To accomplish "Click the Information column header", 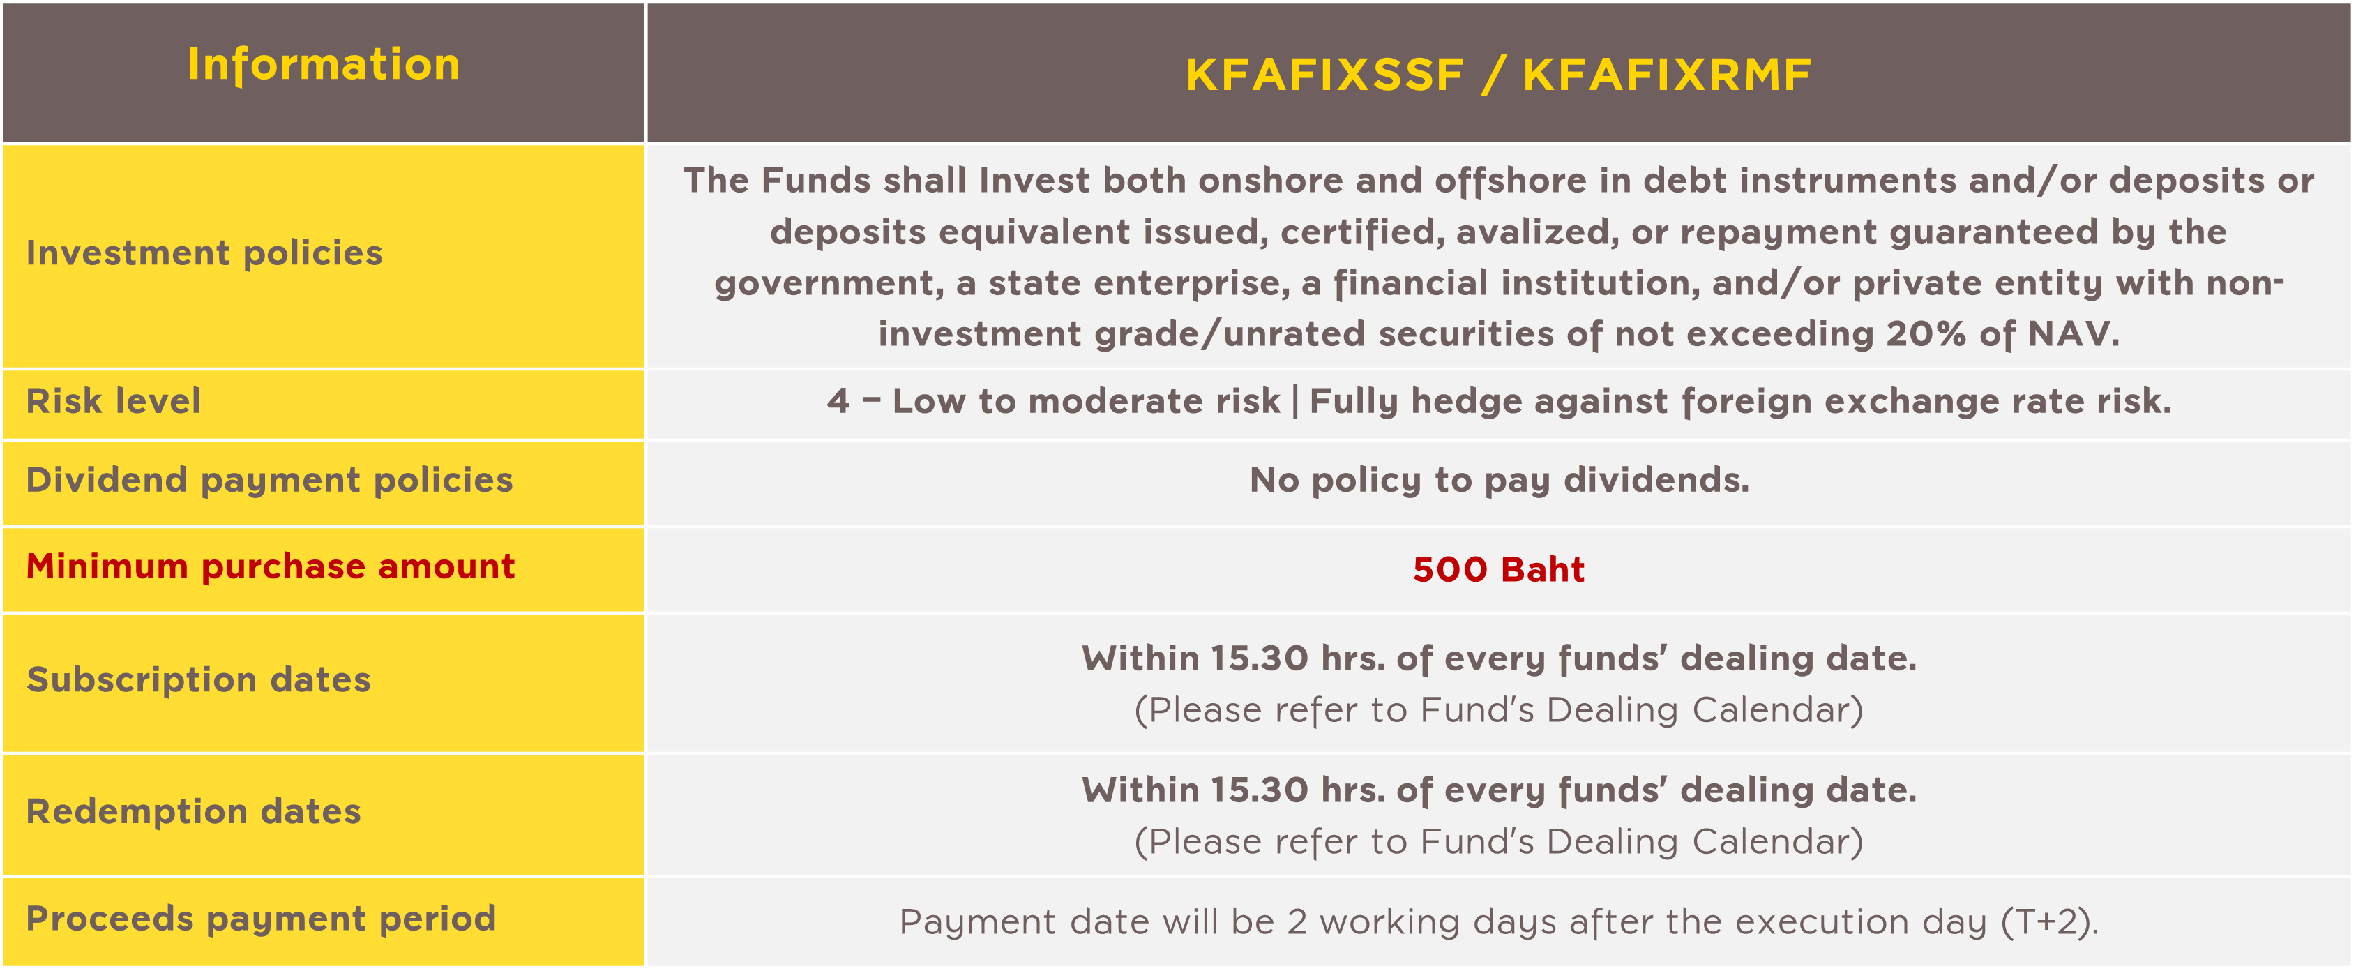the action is coord(324,65).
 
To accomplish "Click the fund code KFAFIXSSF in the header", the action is coord(1324,75).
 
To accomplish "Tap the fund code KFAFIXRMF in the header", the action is coord(1666,75).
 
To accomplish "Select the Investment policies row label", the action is coord(204,253).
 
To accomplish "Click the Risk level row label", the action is coord(114,401).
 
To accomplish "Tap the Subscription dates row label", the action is coord(199,680).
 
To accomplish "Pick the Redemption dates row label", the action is coord(194,812).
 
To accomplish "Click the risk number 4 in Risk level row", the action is coord(838,401).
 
